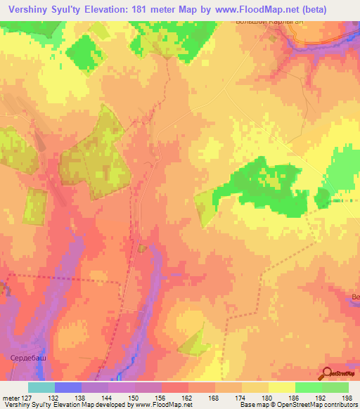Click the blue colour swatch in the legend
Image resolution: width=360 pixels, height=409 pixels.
point(68,387)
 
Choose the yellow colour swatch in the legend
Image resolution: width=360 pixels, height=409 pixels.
point(282,387)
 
